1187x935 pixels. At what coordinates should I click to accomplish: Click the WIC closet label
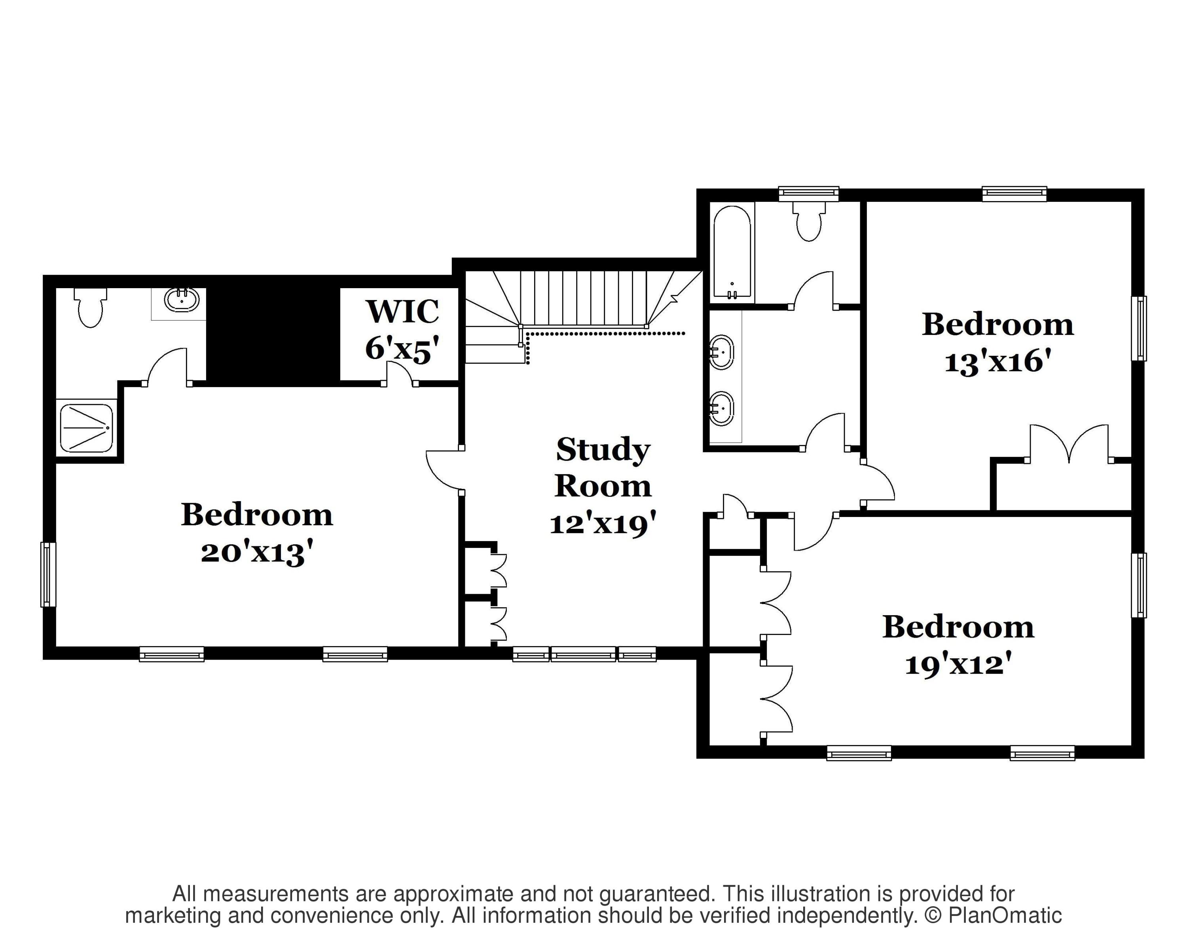click(402, 312)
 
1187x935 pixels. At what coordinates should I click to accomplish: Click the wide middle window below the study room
click(583, 654)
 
